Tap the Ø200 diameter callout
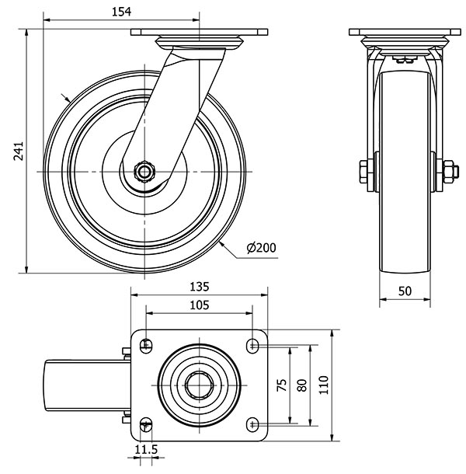260,248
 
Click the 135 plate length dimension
199,286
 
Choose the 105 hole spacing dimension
199,305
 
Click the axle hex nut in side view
144,171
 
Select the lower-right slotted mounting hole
252,423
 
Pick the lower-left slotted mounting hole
146,423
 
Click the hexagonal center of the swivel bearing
199,384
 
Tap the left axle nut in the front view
365,172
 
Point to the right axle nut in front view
448,172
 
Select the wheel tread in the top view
58,384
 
